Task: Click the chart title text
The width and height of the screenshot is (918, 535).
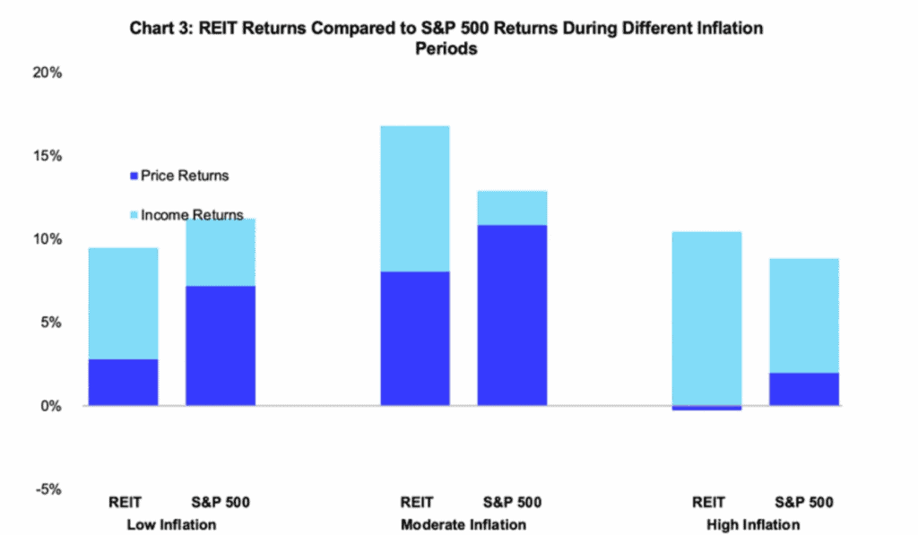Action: point(446,39)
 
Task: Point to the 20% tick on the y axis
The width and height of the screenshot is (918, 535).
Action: point(46,73)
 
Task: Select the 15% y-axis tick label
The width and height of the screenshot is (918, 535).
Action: point(46,156)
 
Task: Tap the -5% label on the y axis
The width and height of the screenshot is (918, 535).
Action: point(47,489)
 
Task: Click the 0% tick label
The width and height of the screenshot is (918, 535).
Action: point(50,406)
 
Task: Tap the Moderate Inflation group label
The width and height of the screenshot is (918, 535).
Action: point(463,524)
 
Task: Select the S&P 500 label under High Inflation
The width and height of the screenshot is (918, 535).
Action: point(804,502)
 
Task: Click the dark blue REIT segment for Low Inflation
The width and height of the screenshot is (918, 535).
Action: point(123,383)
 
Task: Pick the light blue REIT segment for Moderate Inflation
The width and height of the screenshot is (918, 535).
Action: point(414,198)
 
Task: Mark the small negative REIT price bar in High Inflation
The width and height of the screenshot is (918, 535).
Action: point(706,408)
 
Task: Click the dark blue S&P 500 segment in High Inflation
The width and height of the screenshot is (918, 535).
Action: point(804,389)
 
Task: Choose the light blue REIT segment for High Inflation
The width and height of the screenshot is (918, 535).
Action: point(706,318)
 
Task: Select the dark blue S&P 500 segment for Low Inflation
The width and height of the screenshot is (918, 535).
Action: point(221,346)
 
